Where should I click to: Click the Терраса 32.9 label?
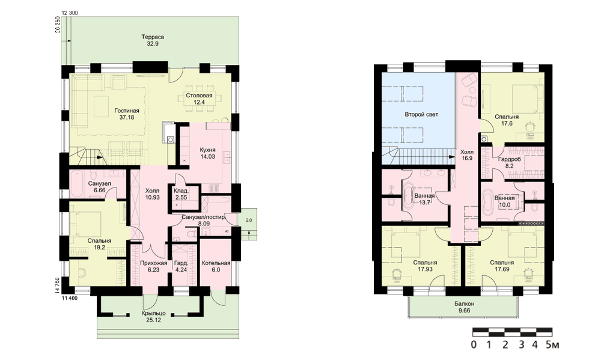coord(153,40)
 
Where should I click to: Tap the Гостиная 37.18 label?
coord(126,114)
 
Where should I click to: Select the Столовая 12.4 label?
coord(199,99)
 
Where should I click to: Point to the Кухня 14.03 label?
coord(207,153)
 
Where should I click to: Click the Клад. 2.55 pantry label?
coord(180,194)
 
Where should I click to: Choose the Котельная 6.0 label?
coord(216,266)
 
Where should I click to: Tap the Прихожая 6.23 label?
coord(153,266)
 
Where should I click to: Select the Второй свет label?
coord(421,114)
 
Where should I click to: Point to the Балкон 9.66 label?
coord(464,307)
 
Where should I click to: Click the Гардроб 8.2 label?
coord(510,162)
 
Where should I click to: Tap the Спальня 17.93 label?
coord(425,266)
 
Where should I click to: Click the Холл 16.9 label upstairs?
coord(466,154)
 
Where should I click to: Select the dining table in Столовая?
coord(199,99)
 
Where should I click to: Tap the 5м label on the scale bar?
coord(552,344)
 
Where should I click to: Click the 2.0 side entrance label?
coord(249,220)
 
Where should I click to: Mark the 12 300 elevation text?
coord(70,13)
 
